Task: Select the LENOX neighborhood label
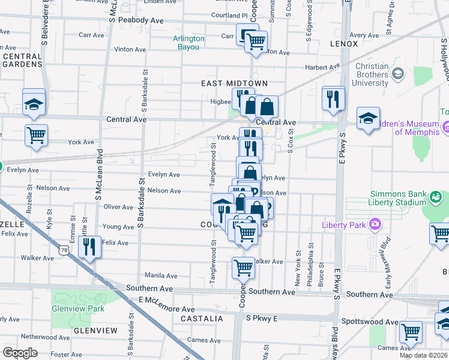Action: point(343,44)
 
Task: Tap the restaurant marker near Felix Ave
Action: point(89,247)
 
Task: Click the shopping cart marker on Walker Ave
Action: point(243,266)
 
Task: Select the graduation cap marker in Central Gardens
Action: point(34,103)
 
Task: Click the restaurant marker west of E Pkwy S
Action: point(333,98)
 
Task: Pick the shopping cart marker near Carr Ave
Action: point(256,42)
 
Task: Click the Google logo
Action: point(20,352)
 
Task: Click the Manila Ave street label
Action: point(161,276)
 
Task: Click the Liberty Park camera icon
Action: point(376,224)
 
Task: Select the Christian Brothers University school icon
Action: point(397,73)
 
